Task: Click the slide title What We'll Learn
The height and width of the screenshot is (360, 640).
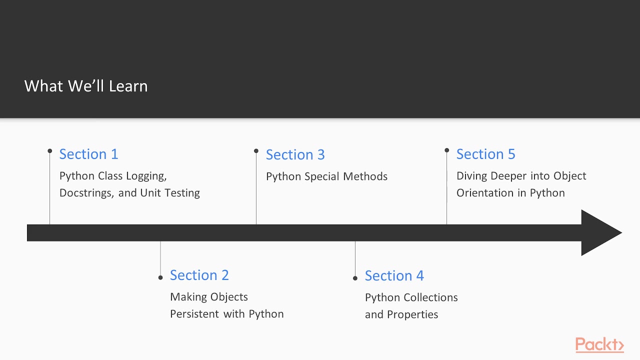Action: (86, 86)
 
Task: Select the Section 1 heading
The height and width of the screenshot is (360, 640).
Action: (88, 154)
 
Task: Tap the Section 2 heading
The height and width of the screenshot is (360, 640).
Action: (199, 275)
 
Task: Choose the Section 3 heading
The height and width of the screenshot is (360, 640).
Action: (295, 154)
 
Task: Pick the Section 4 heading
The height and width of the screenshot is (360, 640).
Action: (394, 275)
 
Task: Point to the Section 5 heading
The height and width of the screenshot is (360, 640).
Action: (485, 154)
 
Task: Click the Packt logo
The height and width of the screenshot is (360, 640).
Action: (599, 344)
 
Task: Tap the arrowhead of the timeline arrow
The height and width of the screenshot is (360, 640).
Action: (600, 232)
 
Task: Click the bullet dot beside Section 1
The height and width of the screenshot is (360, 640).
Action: (50, 150)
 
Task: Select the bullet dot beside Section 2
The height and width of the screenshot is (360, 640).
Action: (160, 277)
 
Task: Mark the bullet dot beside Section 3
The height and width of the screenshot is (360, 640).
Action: (256, 150)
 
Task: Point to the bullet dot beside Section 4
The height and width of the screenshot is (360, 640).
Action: (355, 278)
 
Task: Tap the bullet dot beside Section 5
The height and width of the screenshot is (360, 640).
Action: (446, 150)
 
